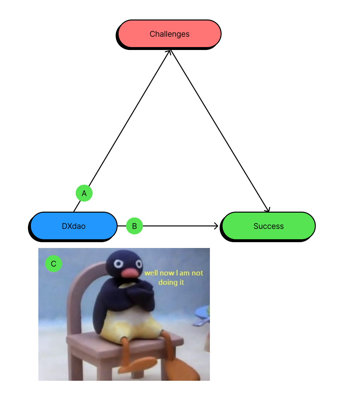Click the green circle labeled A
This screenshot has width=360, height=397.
pyautogui.click(x=84, y=193)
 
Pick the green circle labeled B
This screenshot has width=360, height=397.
pyautogui.click(x=134, y=226)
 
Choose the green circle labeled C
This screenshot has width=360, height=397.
pyautogui.click(x=54, y=264)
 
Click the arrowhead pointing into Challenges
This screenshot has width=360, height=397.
pyautogui.click(x=169, y=52)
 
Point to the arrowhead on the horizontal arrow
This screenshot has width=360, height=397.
pyautogui.click(x=216, y=226)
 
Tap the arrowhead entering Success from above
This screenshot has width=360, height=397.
pyautogui.click(x=268, y=210)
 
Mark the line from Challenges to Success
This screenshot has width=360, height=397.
pyautogui.click(x=219, y=130)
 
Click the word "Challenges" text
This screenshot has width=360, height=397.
pyautogui.click(x=169, y=34)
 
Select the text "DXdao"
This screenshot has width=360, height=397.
pyautogui.click(x=74, y=226)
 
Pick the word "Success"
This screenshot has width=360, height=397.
pyautogui.click(x=268, y=226)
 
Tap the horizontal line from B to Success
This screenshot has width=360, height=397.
pyautogui.click(x=179, y=226)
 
